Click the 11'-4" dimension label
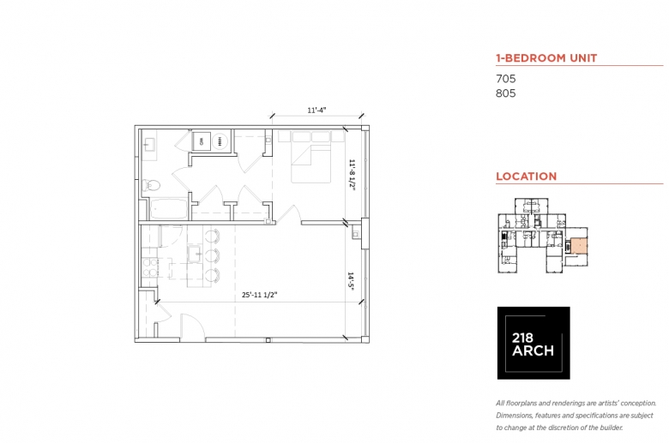(x=316, y=110)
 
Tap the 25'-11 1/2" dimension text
(x=259, y=295)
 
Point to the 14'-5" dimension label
(x=351, y=281)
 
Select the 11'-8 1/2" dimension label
(x=352, y=175)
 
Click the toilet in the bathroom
(x=151, y=185)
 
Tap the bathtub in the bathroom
(x=168, y=208)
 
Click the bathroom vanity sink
(x=149, y=145)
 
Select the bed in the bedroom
(x=311, y=157)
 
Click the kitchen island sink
(x=196, y=254)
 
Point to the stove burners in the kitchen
(x=150, y=267)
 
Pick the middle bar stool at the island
(x=212, y=255)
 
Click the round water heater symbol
(x=220, y=141)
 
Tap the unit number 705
(x=505, y=79)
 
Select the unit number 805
(x=505, y=93)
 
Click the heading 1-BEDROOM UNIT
(x=546, y=58)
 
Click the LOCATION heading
(x=526, y=177)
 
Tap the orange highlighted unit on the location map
(x=580, y=246)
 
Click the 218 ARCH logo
(x=533, y=343)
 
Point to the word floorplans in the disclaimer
(x=520, y=404)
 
